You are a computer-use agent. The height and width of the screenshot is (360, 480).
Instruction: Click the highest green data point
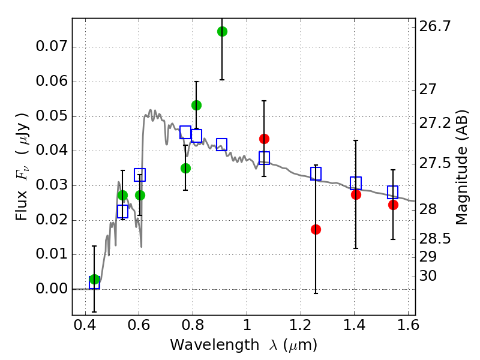point(222,31)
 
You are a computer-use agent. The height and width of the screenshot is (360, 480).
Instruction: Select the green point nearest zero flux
point(94,280)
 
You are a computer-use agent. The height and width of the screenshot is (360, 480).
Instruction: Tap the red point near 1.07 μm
point(264,139)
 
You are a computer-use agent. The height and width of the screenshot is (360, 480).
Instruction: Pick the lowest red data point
point(316,229)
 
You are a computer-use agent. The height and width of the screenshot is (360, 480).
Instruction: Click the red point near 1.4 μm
point(356,194)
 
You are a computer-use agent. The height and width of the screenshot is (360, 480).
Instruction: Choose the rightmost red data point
point(393,205)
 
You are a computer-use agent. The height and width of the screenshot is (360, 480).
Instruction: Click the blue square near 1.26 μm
point(316,174)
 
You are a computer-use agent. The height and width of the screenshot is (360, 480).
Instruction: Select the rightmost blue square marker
point(393,192)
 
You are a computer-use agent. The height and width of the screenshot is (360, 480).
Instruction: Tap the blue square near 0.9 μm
point(221,145)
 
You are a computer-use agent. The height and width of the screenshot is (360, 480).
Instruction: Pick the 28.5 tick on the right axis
point(436,239)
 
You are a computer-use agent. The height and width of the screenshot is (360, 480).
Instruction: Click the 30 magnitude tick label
point(430,276)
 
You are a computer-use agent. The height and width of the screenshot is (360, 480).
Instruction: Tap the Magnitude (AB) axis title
point(462,167)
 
